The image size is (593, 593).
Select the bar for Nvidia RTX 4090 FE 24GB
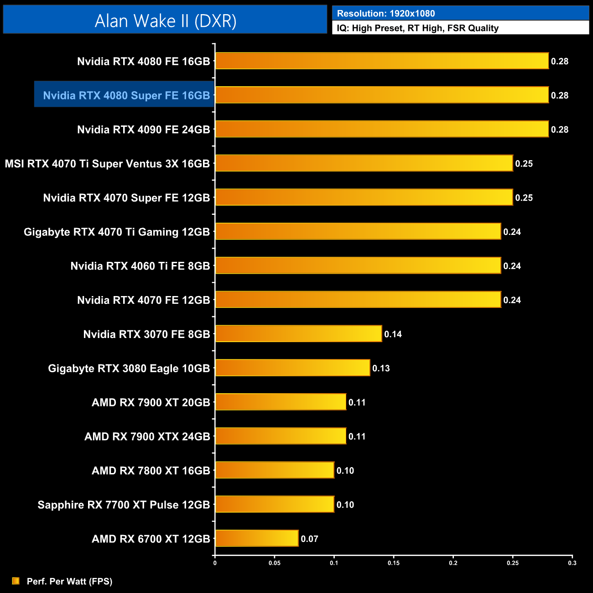(382, 129)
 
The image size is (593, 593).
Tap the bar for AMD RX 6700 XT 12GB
(257, 538)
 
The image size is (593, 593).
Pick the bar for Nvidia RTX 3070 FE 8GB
(298, 334)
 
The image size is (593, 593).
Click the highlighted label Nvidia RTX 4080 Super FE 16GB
(126, 95)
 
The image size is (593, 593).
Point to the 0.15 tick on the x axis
(393, 563)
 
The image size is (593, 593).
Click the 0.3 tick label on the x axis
(572, 563)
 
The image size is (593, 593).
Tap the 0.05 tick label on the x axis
(274, 563)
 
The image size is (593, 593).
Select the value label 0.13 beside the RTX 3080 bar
(381, 368)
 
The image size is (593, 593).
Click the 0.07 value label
(309, 539)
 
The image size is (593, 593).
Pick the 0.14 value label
(393, 334)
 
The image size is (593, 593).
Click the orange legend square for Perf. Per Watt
(16, 581)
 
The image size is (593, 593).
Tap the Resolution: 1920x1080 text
(386, 14)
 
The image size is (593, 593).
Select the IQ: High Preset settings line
(417, 28)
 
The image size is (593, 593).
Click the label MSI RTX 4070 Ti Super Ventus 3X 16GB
(107, 163)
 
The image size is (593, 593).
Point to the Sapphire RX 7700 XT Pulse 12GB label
(124, 505)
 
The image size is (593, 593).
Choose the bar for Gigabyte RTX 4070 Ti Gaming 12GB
(358, 231)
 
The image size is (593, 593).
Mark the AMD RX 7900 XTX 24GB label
(147, 437)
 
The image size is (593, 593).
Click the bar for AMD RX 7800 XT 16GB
(275, 470)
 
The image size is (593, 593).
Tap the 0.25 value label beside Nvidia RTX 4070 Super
(524, 198)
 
